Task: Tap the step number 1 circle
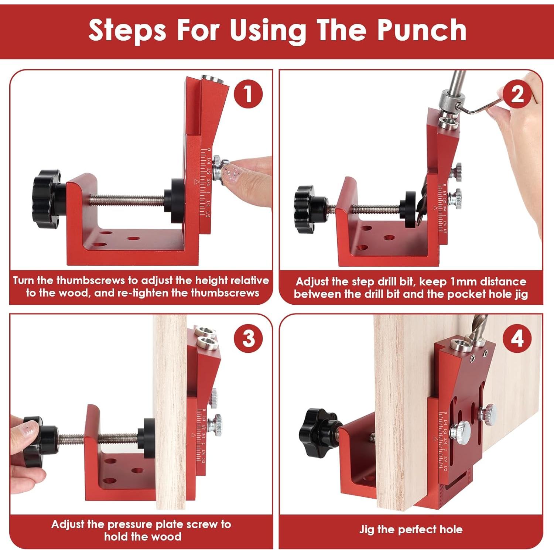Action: click(x=248, y=94)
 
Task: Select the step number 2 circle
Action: click(x=517, y=95)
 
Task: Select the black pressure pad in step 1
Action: click(x=174, y=201)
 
